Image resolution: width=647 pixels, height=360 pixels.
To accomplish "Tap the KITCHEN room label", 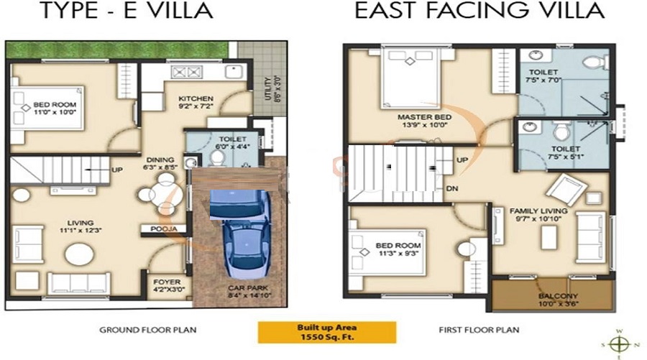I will (196, 99).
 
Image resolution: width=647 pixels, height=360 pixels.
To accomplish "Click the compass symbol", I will (619, 341).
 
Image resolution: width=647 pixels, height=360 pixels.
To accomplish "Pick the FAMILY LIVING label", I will (538, 211).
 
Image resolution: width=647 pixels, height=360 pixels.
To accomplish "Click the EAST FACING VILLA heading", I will (478, 11).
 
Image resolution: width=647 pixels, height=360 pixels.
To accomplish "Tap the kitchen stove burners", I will (180, 72).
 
